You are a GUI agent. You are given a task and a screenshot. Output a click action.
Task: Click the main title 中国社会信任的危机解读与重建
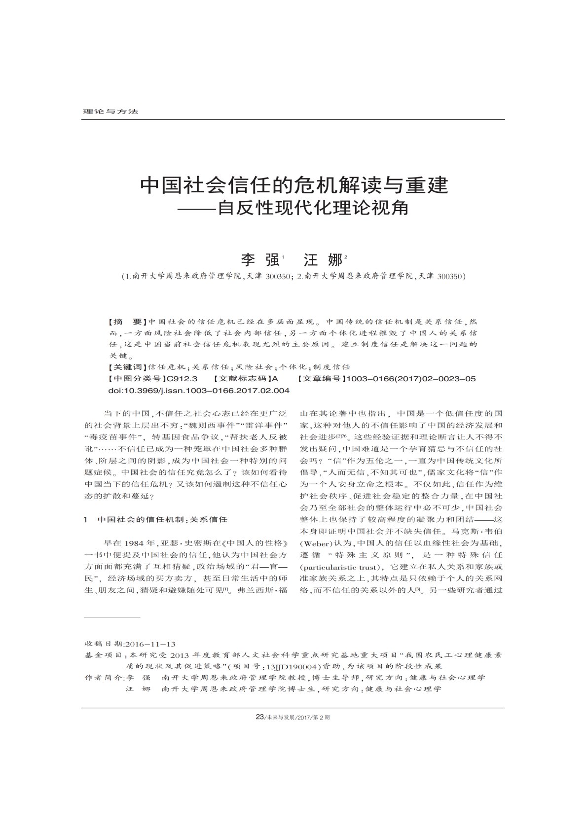point(294,185)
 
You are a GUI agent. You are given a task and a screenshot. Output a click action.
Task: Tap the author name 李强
point(258,260)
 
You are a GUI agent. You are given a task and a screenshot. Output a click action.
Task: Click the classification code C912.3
point(182,379)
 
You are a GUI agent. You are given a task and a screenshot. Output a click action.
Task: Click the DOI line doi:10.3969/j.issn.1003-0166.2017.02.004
point(198,391)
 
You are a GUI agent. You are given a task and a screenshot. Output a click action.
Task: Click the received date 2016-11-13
point(150,644)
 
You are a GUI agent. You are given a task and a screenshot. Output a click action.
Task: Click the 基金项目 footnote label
point(104,655)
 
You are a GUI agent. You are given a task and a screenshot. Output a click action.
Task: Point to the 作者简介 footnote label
point(104,678)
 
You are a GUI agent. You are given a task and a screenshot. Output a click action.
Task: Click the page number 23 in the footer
point(260,717)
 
